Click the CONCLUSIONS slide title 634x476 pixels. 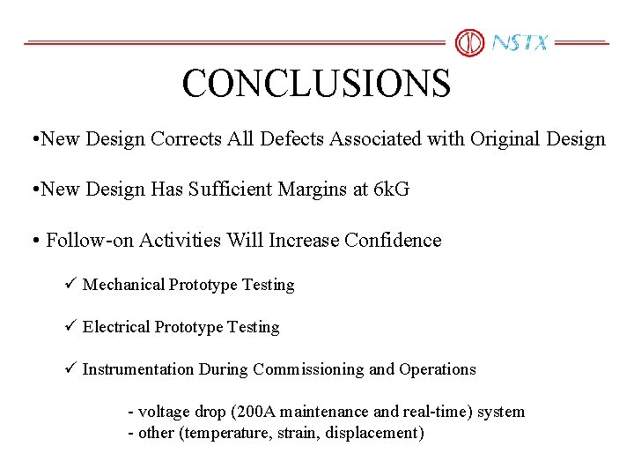pyautogui.click(x=316, y=84)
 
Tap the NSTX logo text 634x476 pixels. pyautogui.click(x=520, y=42)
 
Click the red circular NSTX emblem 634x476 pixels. pyautogui.click(x=469, y=42)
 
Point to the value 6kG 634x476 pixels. pyautogui.click(x=392, y=190)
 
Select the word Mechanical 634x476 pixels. pyautogui.click(x=123, y=285)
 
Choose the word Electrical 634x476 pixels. pyautogui.click(x=116, y=327)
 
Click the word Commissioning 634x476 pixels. pyautogui.click(x=308, y=369)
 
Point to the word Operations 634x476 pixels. pyautogui.click(x=438, y=369)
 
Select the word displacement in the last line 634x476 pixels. pyautogui.click(x=375, y=433)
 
